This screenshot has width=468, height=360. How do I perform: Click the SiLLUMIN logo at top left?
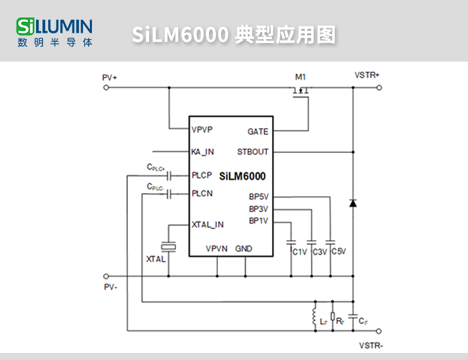(x=55, y=32)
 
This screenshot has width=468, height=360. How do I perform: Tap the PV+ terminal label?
(x=109, y=77)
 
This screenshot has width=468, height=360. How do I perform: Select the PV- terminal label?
(x=110, y=287)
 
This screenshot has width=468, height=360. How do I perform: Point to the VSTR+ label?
(x=367, y=75)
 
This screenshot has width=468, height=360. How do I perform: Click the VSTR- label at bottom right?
(x=371, y=345)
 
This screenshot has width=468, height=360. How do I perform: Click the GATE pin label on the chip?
(x=258, y=131)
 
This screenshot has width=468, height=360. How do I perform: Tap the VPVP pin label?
(x=203, y=129)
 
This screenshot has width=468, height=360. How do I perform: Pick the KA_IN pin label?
(x=203, y=152)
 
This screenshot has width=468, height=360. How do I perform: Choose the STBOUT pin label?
(x=253, y=152)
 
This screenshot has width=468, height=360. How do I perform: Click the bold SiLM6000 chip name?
(x=242, y=175)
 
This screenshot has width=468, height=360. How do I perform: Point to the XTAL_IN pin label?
(x=208, y=224)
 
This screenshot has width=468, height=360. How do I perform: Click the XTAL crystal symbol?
(x=168, y=246)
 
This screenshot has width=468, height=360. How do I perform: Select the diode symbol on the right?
(x=352, y=203)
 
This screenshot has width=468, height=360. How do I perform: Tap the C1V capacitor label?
(x=300, y=252)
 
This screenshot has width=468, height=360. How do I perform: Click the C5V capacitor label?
(x=339, y=251)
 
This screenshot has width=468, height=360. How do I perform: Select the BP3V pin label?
(x=258, y=209)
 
